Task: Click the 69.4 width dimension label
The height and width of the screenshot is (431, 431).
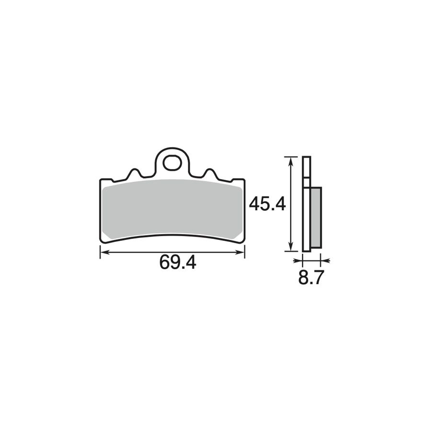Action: [x=178, y=262]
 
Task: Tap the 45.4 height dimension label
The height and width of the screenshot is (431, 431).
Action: [x=267, y=204]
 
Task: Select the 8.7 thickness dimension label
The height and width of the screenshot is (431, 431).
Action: [x=310, y=278]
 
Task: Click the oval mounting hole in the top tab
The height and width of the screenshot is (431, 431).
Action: [x=172, y=163]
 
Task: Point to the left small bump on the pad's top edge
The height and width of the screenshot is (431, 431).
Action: [x=134, y=173]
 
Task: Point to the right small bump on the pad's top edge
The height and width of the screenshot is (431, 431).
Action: [x=210, y=173]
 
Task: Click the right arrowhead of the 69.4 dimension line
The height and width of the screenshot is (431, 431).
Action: [x=240, y=252]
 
